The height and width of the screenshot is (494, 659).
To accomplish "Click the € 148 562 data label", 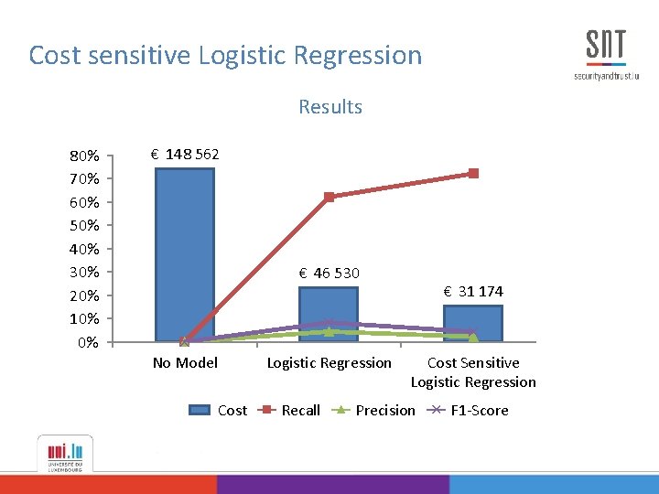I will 185,154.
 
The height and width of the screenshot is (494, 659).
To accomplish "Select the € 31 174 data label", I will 472,292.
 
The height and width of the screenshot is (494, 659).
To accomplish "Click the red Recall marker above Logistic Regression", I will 329,197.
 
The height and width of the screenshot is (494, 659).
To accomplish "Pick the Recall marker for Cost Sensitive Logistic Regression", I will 473,173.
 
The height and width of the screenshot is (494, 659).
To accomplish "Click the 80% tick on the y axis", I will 85,155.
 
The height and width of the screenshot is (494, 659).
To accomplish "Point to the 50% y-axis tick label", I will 85,225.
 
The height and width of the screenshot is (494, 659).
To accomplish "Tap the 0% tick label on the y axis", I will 88,342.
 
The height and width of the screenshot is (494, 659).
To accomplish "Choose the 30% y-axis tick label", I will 85,272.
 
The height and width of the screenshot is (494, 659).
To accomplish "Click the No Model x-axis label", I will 185,363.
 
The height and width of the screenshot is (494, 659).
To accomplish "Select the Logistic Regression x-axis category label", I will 329,363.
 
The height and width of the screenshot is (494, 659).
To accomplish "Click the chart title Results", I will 329,107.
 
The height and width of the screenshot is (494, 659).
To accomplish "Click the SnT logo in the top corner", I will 605,54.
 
